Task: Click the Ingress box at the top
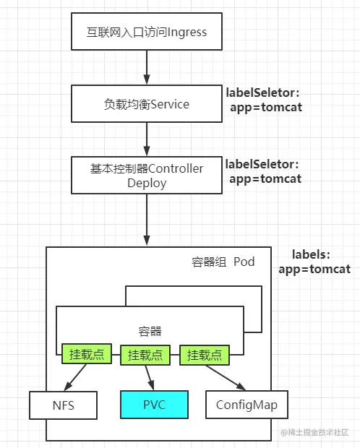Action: (x=147, y=31)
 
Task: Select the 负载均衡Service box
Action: (x=147, y=104)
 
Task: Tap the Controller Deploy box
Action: (x=147, y=175)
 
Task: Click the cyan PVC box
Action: (x=155, y=405)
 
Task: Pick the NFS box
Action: (x=63, y=405)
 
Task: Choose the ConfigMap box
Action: (x=247, y=405)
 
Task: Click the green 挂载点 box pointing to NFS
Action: (x=87, y=354)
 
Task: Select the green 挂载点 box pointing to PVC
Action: (x=145, y=355)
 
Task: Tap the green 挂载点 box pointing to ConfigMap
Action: (x=205, y=355)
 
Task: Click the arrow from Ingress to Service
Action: (x=147, y=67)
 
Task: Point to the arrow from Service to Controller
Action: (x=147, y=139)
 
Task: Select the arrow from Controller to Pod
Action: (x=147, y=220)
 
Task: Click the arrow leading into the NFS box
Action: (x=75, y=377)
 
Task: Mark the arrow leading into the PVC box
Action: (x=150, y=378)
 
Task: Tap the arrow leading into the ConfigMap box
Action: (x=226, y=378)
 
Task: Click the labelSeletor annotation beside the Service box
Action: (x=264, y=100)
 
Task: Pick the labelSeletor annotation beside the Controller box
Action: (x=263, y=171)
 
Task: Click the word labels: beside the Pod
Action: (x=311, y=254)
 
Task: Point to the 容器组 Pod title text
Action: (x=223, y=262)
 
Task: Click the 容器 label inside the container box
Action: (x=150, y=332)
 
